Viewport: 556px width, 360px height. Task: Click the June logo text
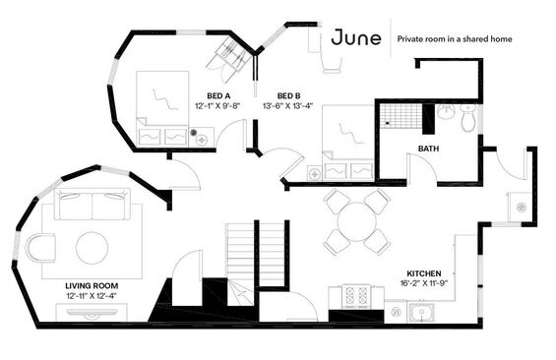(x=356, y=37)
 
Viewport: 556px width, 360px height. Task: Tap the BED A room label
(x=218, y=95)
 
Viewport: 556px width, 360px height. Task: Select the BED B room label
(x=288, y=95)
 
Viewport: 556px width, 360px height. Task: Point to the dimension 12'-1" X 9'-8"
(x=217, y=105)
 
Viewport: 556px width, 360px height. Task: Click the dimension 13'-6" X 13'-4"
(x=287, y=105)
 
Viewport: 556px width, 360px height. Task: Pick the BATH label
(x=428, y=149)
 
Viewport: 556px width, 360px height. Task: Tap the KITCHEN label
(x=424, y=273)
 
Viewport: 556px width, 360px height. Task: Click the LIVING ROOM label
(x=92, y=285)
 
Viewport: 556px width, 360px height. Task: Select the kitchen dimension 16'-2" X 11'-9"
(x=424, y=283)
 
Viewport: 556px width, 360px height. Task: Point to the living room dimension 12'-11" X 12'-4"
(x=92, y=295)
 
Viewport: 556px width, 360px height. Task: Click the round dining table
(x=356, y=222)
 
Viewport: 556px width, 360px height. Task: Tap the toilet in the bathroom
(x=467, y=118)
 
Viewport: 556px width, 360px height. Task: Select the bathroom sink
(x=446, y=111)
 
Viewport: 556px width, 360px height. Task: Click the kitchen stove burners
(x=356, y=296)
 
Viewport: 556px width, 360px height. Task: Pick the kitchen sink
(x=421, y=313)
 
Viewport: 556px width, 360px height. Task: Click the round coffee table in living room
(x=92, y=248)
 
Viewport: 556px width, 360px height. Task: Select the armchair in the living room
(x=40, y=247)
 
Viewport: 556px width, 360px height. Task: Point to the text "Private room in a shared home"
(x=455, y=39)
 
